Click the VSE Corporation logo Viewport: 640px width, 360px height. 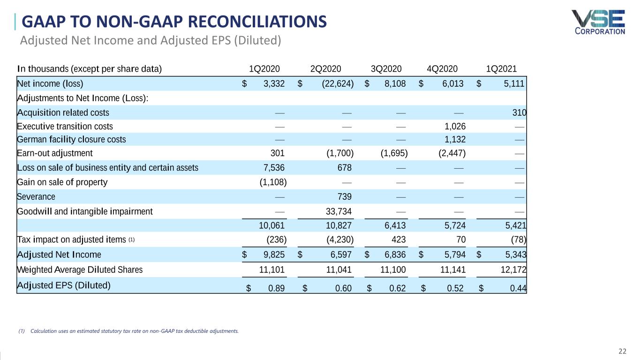598,22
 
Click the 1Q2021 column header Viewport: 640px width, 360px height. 501,69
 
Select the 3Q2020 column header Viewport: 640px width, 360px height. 386,69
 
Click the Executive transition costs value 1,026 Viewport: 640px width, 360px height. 455,126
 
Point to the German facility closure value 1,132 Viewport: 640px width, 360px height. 455,139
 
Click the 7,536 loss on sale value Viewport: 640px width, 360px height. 272,168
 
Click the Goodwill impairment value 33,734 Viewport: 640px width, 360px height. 339,211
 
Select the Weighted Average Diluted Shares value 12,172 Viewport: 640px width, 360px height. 514,270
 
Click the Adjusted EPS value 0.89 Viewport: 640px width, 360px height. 276,288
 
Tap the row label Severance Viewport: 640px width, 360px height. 36,196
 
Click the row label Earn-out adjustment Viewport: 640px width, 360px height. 55,153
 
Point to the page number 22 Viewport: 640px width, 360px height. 622,352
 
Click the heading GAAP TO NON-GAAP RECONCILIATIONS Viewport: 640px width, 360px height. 174,22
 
